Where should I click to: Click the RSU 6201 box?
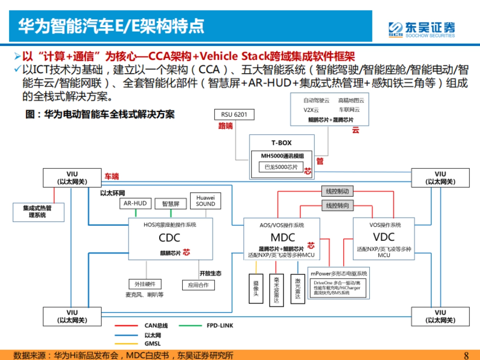point(234,115)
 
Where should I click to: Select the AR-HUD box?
point(135,204)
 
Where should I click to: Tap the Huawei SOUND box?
point(205,201)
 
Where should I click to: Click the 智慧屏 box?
point(170,204)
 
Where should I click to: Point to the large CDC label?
point(169,238)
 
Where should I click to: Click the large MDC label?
point(282,237)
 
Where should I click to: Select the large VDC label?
point(383,237)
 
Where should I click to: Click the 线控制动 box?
point(337,192)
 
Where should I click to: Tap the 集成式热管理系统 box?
point(38,212)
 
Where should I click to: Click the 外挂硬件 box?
point(144,284)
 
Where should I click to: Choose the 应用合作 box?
point(198,285)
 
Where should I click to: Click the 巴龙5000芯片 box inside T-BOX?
point(281,167)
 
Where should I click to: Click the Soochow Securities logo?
point(422,29)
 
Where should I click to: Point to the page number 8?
point(465,355)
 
